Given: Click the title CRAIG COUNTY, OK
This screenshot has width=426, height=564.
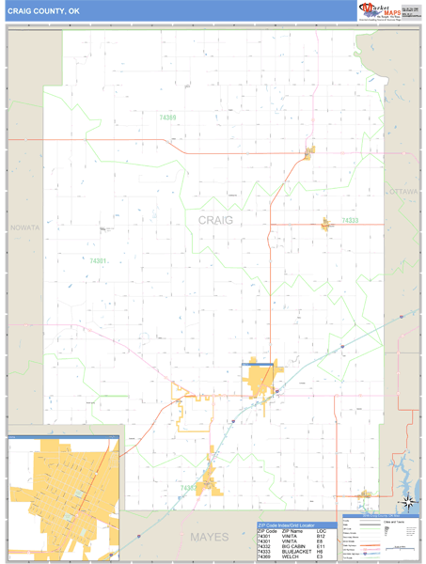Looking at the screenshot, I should click(x=45, y=12).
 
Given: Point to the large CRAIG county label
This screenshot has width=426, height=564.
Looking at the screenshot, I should click(x=215, y=219).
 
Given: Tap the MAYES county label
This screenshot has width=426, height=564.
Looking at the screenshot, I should click(x=209, y=537).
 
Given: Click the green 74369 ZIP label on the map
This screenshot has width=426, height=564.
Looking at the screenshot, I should click(x=167, y=117).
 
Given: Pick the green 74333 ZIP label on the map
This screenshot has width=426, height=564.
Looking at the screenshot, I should click(x=350, y=220).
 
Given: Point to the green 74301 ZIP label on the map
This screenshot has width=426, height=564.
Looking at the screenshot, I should click(x=99, y=260).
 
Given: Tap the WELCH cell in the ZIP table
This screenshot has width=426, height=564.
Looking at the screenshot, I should click(x=288, y=558).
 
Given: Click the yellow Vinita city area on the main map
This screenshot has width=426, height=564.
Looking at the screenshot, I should click(x=260, y=379).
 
